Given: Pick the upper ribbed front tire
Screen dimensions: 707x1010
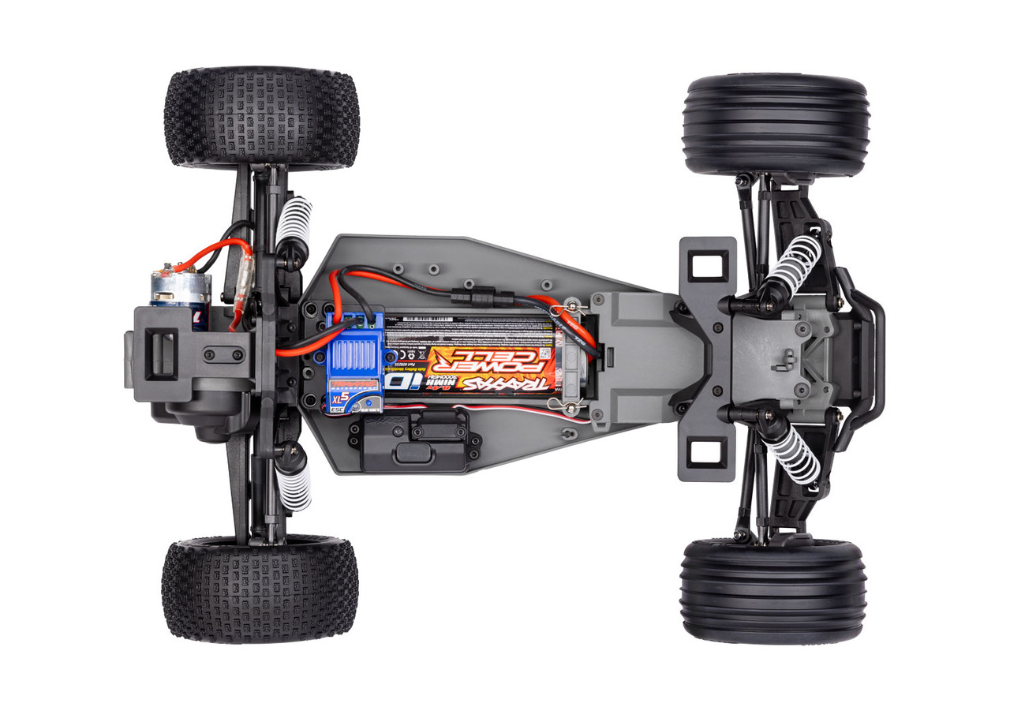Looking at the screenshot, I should click(776, 125).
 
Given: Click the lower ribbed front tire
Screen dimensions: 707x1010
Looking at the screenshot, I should click(773, 590).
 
